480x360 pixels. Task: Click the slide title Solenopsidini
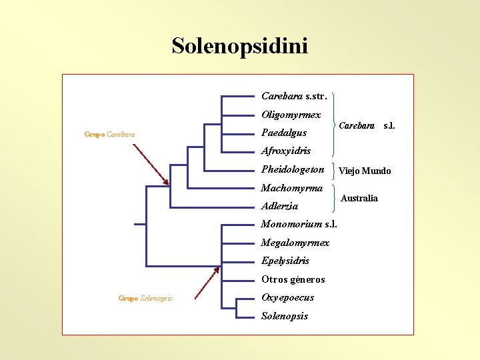tap(239, 46)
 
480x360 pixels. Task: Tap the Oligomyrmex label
tap(291, 115)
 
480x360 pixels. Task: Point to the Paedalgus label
tap(284, 133)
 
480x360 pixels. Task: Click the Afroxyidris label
tap(286, 151)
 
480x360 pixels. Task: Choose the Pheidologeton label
tap(293, 169)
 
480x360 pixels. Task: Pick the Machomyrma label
tap(292, 188)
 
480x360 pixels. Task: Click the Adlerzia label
tap(279, 206)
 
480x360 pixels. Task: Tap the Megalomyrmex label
tap(295, 243)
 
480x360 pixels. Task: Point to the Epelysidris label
tap(285, 261)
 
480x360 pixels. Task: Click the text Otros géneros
tap(293, 279)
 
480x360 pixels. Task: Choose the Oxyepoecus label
tap(287, 297)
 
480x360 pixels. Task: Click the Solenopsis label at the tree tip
tap(285, 316)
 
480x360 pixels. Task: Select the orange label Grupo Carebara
tap(109, 135)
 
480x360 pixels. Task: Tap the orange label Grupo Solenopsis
tap(145, 298)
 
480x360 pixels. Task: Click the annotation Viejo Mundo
tap(365, 171)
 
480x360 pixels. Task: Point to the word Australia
tap(359, 198)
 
